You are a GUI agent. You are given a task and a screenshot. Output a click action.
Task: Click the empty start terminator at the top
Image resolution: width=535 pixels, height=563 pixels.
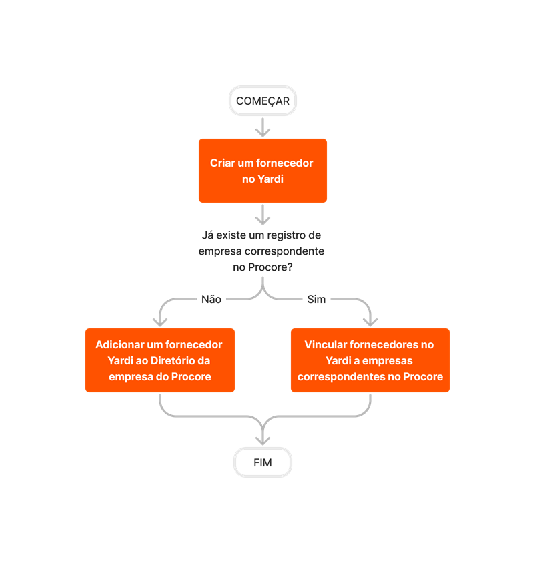pyautogui.click(x=263, y=101)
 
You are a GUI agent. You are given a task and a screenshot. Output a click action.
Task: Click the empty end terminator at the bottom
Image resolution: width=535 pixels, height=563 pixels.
pyautogui.click(x=263, y=462)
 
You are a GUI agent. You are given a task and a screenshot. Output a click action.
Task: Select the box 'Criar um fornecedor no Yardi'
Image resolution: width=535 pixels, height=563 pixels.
pyautogui.click(x=263, y=171)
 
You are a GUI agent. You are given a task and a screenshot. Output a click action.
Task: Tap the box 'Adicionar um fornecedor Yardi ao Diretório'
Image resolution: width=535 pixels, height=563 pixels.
pyautogui.click(x=160, y=360)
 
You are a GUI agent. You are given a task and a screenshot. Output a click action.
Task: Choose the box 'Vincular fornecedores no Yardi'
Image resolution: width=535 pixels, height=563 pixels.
pyautogui.click(x=370, y=360)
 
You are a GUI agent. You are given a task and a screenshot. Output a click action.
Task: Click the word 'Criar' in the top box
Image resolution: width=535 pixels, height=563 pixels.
pyautogui.click(x=223, y=163)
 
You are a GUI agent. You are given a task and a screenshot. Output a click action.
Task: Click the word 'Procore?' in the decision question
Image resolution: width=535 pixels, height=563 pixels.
pyautogui.click(x=273, y=267)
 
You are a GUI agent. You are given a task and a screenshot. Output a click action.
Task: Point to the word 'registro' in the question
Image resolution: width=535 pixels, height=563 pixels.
pyautogui.click(x=285, y=235)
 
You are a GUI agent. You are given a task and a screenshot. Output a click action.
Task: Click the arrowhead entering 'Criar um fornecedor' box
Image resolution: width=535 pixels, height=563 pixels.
pyautogui.click(x=263, y=132)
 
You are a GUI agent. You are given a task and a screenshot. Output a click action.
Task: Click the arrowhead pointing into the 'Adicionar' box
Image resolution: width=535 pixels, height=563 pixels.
pyautogui.click(x=160, y=322)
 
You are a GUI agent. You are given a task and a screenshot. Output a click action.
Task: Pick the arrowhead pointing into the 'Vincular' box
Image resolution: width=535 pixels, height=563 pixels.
pyautogui.click(x=370, y=322)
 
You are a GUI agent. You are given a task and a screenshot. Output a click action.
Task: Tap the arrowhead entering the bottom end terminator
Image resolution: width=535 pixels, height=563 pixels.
pyautogui.click(x=263, y=440)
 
